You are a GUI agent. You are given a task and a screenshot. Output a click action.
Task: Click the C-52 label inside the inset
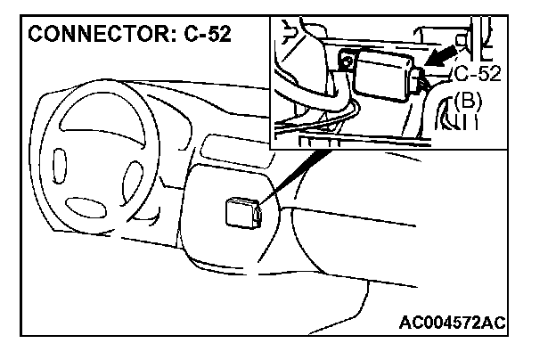[x=477, y=73]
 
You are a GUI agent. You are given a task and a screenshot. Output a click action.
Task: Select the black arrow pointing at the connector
[x=436, y=56]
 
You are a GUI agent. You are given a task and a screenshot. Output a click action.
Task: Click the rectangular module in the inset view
[x=382, y=72]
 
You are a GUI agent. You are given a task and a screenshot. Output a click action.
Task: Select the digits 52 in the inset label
[x=488, y=73]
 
